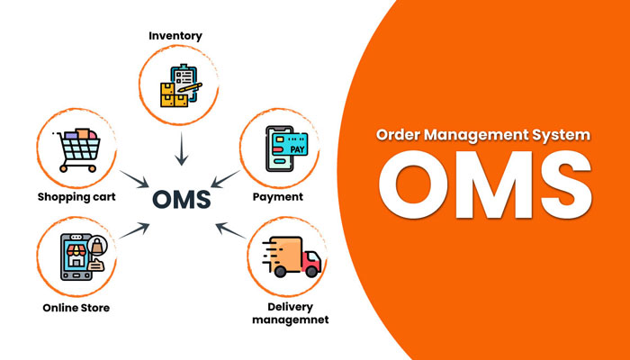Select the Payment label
278,195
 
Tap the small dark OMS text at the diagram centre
182,198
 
